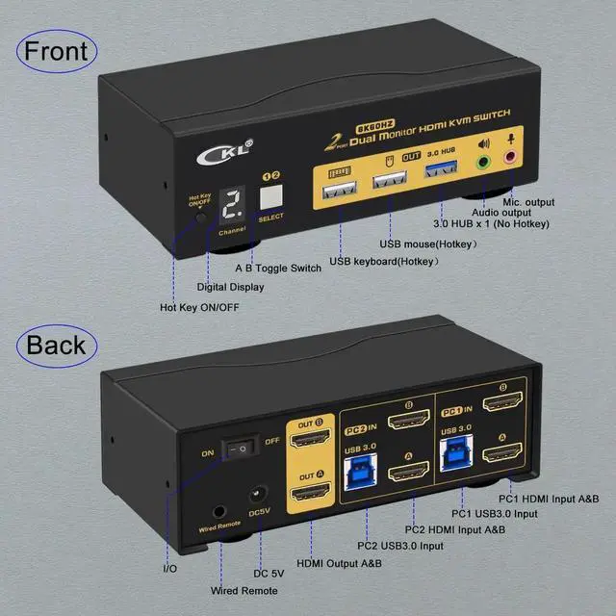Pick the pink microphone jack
(x=511, y=161)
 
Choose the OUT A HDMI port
(x=310, y=496)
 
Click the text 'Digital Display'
(x=230, y=286)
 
